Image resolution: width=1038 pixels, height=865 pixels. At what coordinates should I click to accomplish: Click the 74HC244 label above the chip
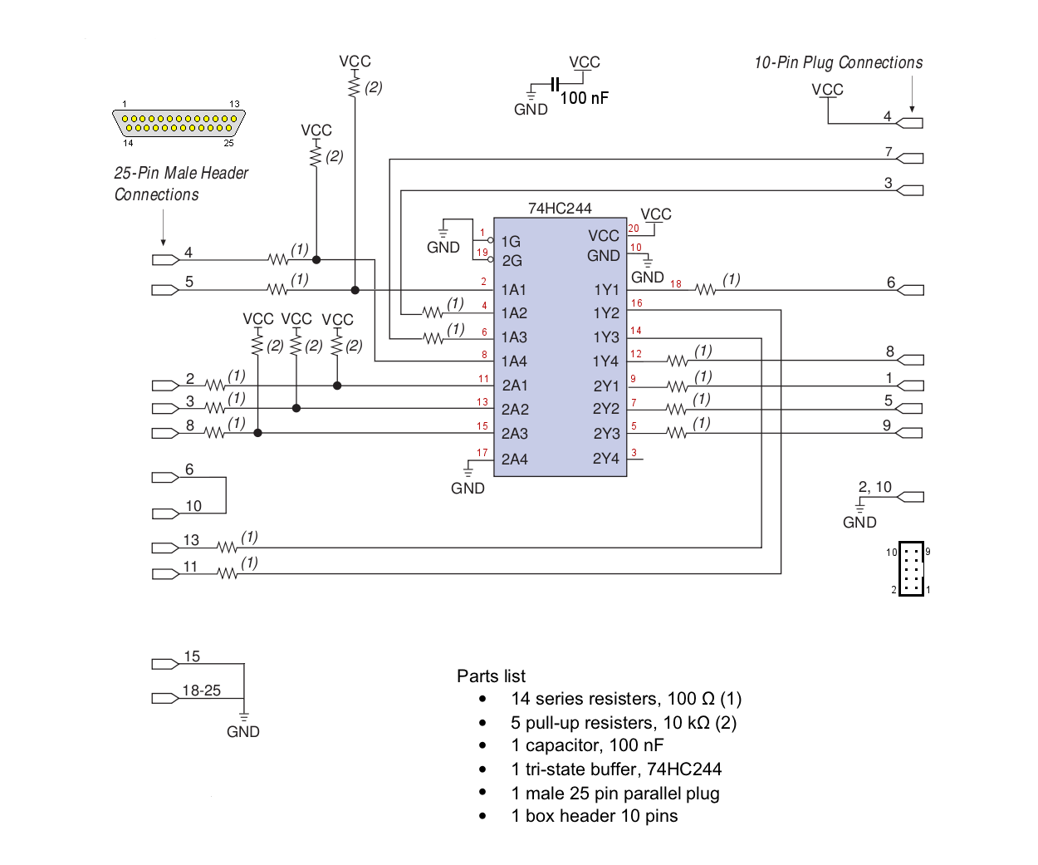point(559,209)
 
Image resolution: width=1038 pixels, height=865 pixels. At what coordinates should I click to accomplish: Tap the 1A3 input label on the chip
point(513,337)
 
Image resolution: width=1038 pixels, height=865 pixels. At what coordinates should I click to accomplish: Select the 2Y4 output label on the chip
point(605,458)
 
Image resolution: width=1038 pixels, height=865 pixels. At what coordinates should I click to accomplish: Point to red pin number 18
point(676,284)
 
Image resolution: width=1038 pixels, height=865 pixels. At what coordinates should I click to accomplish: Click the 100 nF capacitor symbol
point(556,84)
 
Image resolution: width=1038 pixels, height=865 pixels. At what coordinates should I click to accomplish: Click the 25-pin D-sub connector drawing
point(179,123)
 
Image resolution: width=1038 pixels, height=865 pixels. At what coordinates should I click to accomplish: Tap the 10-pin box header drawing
point(911,568)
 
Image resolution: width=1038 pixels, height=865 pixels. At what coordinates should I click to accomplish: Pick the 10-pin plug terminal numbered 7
point(910,159)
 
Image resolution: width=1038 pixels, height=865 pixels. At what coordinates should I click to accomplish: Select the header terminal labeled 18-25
point(165,698)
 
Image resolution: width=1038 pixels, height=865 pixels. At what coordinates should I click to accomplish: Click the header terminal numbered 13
point(165,548)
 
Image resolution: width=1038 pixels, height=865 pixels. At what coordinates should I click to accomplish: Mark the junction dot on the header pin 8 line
point(257,433)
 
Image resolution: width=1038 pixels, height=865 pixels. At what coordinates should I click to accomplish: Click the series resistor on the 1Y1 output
point(705,289)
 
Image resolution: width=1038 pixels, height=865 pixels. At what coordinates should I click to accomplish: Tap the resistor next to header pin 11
point(228,574)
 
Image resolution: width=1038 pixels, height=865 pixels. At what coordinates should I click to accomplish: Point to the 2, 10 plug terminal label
point(875,487)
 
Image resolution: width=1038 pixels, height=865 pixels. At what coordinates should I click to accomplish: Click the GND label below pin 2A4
point(468,489)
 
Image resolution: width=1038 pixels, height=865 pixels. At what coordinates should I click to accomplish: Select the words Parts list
point(491,676)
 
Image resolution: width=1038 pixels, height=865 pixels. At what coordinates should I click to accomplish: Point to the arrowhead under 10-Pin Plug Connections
point(912,110)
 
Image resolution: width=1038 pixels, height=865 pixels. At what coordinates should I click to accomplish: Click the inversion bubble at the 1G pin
point(491,240)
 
